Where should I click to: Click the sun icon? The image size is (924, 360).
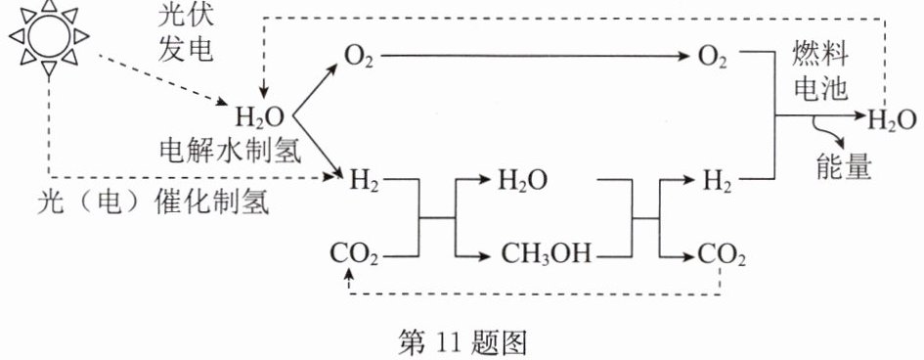pyautogui.click(x=49, y=38)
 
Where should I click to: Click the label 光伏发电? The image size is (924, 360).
pyautogui.click(x=185, y=34)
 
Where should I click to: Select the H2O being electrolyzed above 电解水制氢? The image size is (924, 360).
pyautogui.click(x=260, y=117)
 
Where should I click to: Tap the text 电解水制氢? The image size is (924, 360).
pyautogui.click(x=231, y=153)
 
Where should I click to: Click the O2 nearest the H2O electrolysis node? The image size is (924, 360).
pyautogui.click(x=359, y=57)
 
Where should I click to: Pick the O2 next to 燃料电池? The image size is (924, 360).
pyautogui.click(x=712, y=57)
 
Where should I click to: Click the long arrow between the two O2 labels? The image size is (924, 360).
pyautogui.click(x=535, y=57)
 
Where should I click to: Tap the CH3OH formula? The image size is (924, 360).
pyautogui.click(x=546, y=255)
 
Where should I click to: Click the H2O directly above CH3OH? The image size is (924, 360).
pyautogui.click(x=523, y=180)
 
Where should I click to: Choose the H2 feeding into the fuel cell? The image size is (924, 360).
pyautogui.click(x=717, y=180)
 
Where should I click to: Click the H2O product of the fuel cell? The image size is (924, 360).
pyautogui.click(x=892, y=119)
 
